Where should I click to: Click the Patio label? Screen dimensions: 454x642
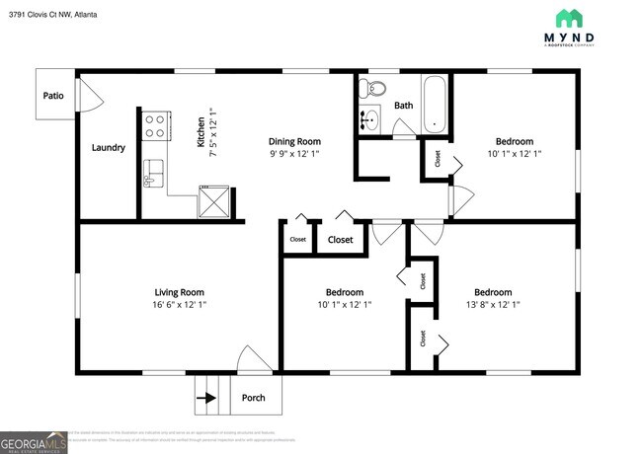[x=53, y=96]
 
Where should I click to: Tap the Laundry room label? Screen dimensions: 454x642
[x=108, y=148]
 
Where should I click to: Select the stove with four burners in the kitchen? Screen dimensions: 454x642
[x=155, y=124]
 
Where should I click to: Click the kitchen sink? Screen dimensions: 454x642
[x=153, y=173]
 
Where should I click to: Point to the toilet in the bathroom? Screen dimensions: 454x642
[x=370, y=89]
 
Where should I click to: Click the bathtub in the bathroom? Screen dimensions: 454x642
[x=435, y=104]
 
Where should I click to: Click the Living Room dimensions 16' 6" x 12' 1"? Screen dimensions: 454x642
[x=179, y=305]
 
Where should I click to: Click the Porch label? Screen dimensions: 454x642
[x=254, y=399]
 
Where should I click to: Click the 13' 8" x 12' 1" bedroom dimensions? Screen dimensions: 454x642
[x=493, y=305]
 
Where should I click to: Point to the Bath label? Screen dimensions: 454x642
[x=403, y=106]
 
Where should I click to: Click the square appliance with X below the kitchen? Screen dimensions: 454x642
[x=214, y=200]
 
